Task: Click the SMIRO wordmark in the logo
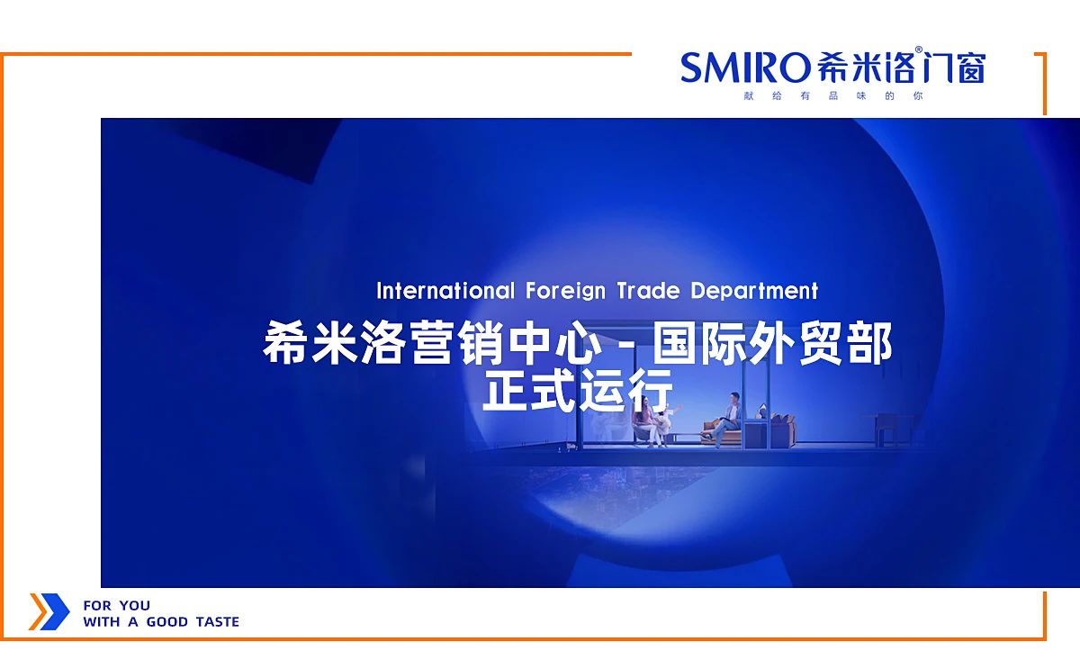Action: pyautogui.click(x=745, y=68)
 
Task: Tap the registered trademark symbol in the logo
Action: pyautogui.click(x=919, y=50)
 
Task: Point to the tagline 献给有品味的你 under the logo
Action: pyautogui.click(x=833, y=95)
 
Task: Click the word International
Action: pyautogui.click(x=445, y=291)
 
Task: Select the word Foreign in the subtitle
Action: pyautogui.click(x=565, y=292)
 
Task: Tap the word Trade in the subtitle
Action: pyautogui.click(x=648, y=291)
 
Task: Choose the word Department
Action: pyautogui.click(x=754, y=292)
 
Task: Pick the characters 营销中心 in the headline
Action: pyautogui.click(x=505, y=342)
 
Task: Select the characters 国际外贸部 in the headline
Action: pyautogui.click(x=772, y=342)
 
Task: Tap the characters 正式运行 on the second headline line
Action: pyautogui.click(x=577, y=390)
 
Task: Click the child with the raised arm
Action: pyautogui.click(x=668, y=421)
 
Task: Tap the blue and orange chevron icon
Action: pyautogui.click(x=49, y=611)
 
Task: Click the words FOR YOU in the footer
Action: pyautogui.click(x=117, y=605)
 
